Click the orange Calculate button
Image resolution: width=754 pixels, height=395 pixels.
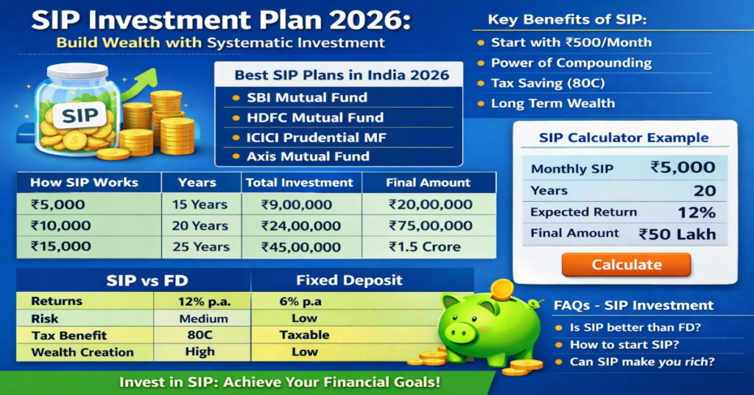click(626, 265)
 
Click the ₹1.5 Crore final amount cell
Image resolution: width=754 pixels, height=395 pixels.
click(425, 247)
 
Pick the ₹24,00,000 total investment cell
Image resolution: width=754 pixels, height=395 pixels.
click(302, 226)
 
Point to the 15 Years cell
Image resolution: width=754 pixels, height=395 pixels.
click(201, 205)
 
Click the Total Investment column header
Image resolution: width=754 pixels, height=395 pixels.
click(300, 182)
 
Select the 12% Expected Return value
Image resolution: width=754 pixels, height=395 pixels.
click(697, 212)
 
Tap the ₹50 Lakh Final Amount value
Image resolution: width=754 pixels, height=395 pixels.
click(677, 234)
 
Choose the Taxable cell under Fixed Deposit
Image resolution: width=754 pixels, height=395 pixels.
click(304, 335)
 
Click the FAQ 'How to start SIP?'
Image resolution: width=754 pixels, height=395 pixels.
click(624, 344)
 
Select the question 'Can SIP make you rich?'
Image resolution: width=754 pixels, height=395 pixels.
click(642, 362)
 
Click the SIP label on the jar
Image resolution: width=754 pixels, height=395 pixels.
click(80, 116)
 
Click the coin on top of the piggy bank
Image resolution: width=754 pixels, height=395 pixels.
click(502, 287)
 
